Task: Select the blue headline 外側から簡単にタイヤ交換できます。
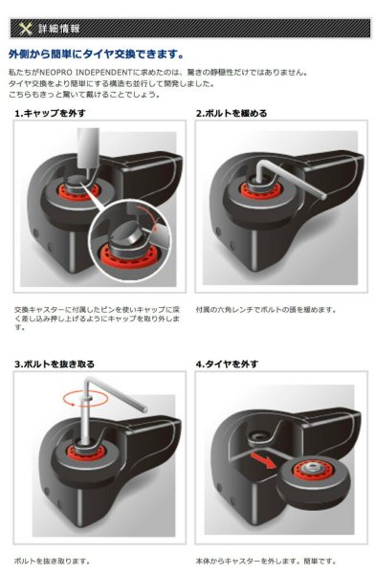click(96, 55)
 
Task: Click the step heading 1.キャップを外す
click(51, 113)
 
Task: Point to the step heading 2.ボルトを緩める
click(232, 113)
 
